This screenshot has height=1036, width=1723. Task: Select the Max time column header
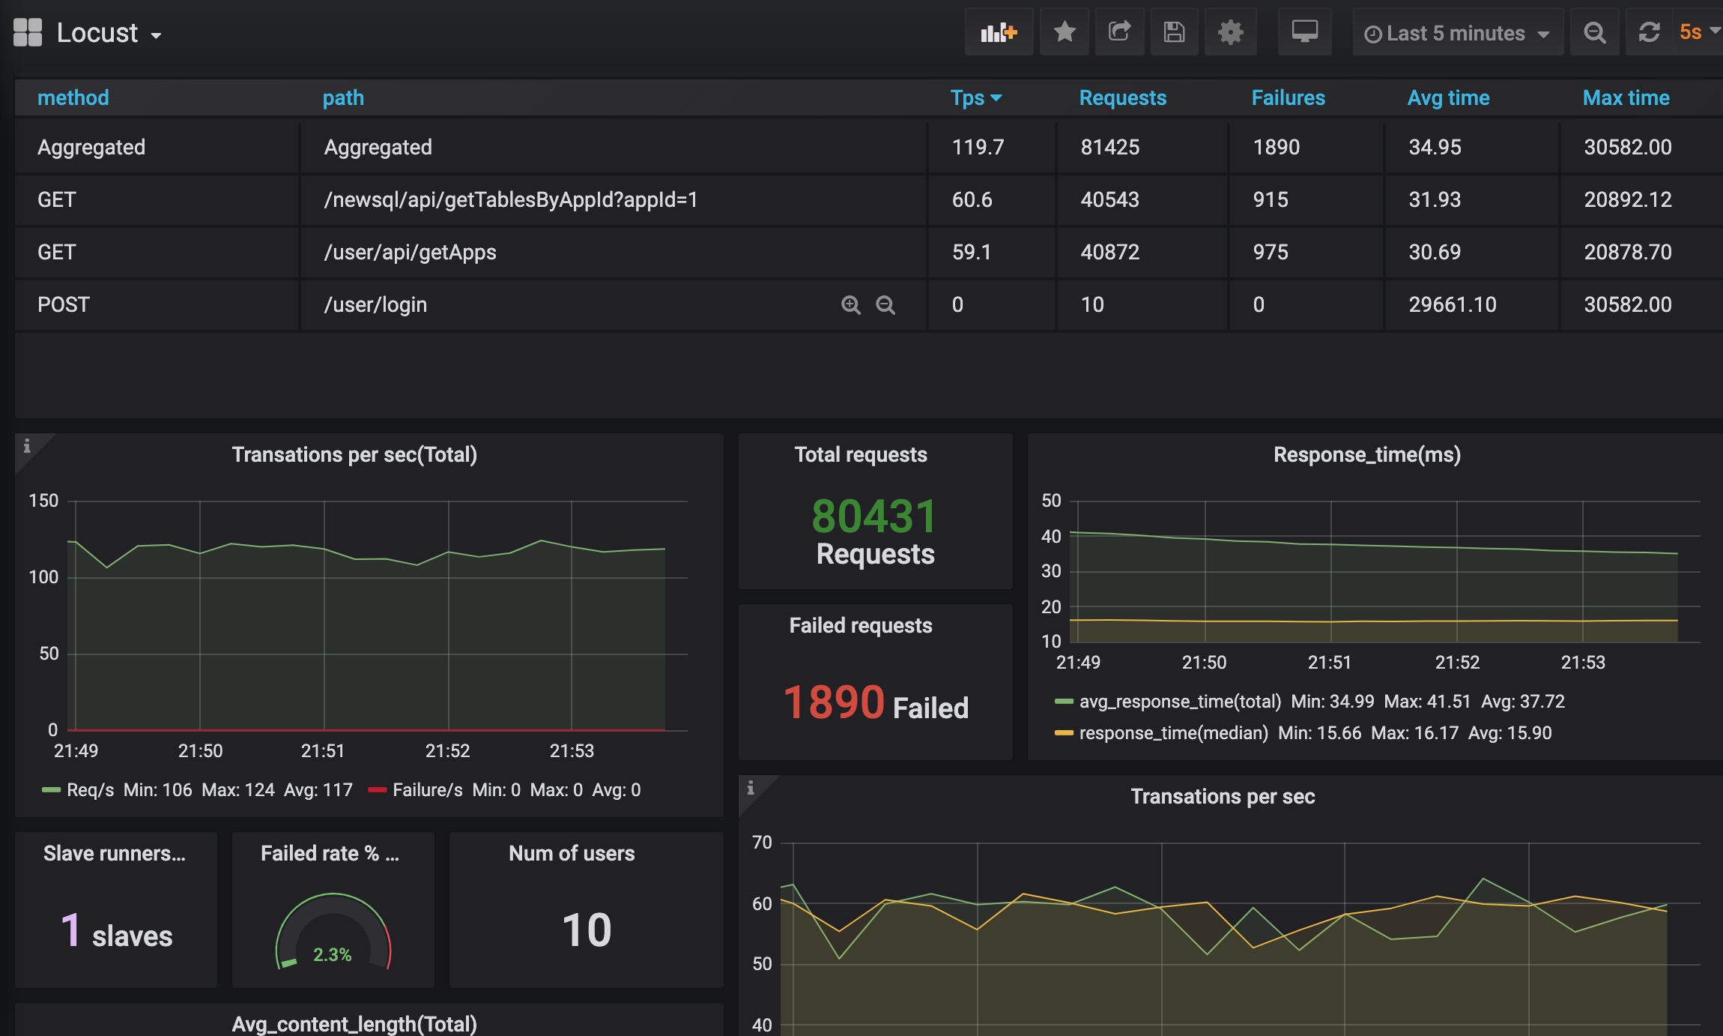(x=1626, y=98)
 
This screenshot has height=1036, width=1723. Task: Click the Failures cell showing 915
(x=1271, y=199)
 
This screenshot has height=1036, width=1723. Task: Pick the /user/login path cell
(x=375, y=304)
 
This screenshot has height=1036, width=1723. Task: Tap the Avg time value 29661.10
(x=1452, y=304)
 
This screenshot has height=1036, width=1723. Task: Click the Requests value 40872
(x=1109, y=252)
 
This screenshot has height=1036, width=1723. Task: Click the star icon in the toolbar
(x=1065, y=32)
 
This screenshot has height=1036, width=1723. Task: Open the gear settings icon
(x=1230, y=32)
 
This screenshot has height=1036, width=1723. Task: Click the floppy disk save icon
(x=1174, y=32)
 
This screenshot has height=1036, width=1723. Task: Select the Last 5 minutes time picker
(x=1457, y=33)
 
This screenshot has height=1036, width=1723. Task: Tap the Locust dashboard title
(x=97, y=33)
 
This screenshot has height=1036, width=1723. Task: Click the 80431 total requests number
(x=874, y=517)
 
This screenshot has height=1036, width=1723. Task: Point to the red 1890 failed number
(x=834, y=702)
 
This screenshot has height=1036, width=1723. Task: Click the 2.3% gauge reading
(x=332, y=954)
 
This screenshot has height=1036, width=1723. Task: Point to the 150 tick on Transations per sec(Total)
(x=43, y=501)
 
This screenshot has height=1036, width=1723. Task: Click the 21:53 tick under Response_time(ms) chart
(x=1583, y=663)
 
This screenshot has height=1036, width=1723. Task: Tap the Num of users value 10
(x=587, y=930)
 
